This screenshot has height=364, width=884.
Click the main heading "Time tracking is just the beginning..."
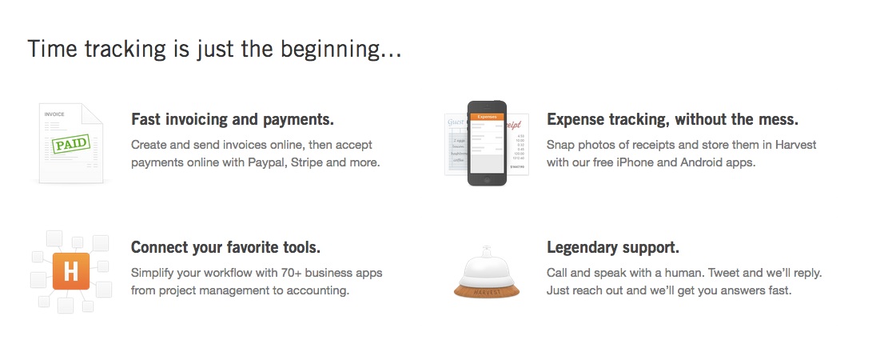click(x=214, y=50)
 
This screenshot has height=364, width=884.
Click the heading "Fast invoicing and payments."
click(x=233, y=120)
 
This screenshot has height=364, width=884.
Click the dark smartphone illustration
click(x=487, y=142)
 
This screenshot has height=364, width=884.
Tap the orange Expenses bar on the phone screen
click(x=487, y=116)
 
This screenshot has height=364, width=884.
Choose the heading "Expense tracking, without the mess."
click(x=672, y=120)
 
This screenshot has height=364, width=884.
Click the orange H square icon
click(x=71, y=271)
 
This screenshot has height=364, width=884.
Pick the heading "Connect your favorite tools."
click(x=225, y=248)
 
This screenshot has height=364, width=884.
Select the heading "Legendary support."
click(x=613, y=248)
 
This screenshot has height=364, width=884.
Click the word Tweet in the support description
click(x=724, y=273)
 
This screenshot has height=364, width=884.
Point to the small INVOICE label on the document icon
click(x=54, y=114)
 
